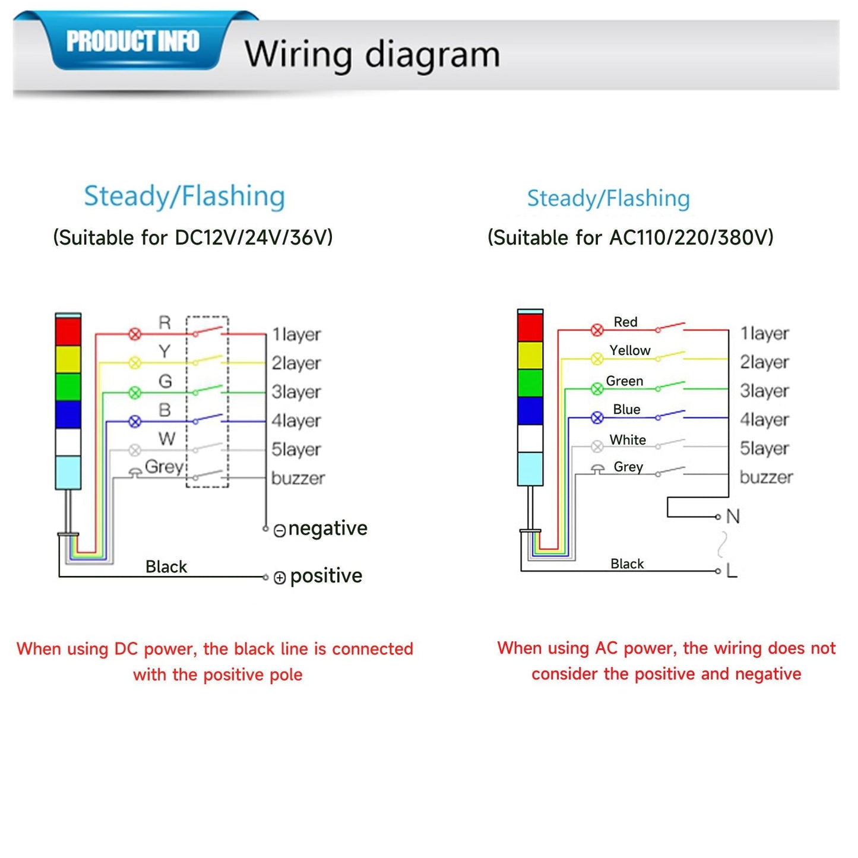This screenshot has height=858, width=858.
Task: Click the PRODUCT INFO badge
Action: coord(133,42)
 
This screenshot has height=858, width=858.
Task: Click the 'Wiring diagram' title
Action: coord(372,55)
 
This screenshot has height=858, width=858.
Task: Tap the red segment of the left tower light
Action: coord(68,331)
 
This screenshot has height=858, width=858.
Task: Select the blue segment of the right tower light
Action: coord(530,410)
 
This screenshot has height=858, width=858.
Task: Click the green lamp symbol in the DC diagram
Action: coord(135,392)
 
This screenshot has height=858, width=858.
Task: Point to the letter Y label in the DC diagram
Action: coord(164,352)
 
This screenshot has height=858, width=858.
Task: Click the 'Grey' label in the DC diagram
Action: coord(164,467)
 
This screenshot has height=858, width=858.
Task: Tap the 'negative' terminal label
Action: coord(328,528)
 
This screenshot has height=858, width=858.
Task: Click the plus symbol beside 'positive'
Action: coord(280,577)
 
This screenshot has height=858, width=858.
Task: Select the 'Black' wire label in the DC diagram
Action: coord(166,566)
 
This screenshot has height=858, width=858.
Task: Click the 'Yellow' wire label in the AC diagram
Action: coord(629,350)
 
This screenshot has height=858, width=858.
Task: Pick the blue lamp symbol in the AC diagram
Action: coord(597,418)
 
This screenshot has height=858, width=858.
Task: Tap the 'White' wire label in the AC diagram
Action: coord(628,440)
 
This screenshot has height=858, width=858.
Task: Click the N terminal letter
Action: coord(733,517)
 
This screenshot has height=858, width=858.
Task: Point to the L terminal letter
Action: coord(732,571)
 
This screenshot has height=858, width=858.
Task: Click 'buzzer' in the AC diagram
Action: coord(766,477)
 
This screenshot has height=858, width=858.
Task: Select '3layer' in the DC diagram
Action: coord(296,392)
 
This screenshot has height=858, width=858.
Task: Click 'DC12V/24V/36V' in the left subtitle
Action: coord(254,238)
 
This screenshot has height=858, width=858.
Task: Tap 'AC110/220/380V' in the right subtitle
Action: coord(692,238)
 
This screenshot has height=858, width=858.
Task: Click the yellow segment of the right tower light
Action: coord(530,355)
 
